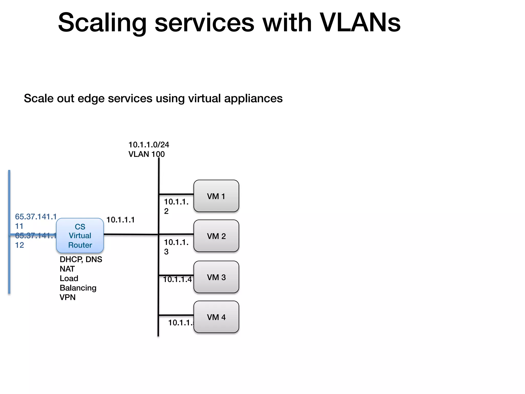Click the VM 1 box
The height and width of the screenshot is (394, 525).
[x=216, y=196]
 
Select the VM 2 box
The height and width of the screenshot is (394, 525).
[x=216, y=236]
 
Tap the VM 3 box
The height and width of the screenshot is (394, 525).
[x=216, y=277]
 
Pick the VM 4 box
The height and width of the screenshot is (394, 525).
[x=216, y=317]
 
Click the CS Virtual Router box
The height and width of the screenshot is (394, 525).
[x=80, y=236]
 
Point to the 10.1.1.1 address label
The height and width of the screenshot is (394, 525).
[x=120, y=220]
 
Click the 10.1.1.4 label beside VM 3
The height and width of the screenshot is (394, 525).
[x=177, y=279]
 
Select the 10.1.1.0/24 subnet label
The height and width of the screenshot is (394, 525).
[x=149, y=145]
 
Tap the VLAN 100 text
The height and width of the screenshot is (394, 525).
[x=146, y=154]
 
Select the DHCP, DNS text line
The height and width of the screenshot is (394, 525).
[x=81, y=259]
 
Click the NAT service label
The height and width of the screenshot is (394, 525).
[x=67, y=269]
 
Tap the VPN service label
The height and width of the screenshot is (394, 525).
[x=67, y=297]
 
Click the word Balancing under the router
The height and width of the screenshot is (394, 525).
[x=78, y=288]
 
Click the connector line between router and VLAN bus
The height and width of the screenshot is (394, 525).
[x=131, y=234]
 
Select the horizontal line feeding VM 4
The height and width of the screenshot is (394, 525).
[x=176, y=315]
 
